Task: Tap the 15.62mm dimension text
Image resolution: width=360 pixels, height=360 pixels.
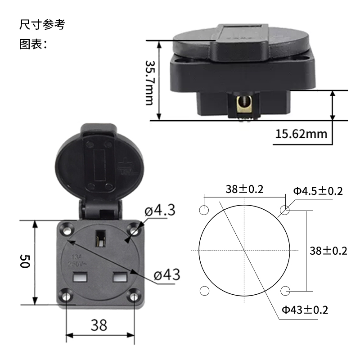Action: coord(301,134)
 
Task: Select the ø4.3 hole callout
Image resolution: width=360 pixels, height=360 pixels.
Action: coord(159,210)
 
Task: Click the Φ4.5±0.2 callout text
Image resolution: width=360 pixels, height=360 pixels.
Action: coord(318,191)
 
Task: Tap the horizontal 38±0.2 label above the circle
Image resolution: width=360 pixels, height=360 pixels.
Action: coord(244,189)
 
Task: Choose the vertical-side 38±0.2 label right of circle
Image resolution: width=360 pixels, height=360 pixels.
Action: coord(328,251)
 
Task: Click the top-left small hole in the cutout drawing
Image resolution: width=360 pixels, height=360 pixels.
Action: coord(204,210)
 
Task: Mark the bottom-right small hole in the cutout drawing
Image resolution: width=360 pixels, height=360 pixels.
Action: coord(285,291)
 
